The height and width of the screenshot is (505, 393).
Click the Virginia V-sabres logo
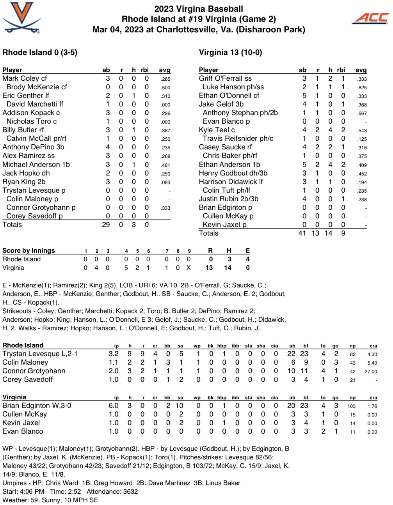pyautogui.click(x=22, y=18)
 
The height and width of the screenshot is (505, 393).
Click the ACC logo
pyautogui.click(x=371, y=18)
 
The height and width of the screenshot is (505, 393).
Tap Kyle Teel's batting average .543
pyautogui.click(x=362, y=131)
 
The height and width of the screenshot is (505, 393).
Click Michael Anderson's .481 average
pyautogui.click(x=165, y=165)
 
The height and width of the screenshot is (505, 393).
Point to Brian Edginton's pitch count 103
pyautogui.click(x=352, y=406)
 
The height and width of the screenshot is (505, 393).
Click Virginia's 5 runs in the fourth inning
pyautogui.click(x=126, y=268)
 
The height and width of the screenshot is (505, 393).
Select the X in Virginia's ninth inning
pyautogui.click(x=189, y=268)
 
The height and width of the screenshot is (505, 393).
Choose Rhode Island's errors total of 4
pyautogui.click(x=247, y=259)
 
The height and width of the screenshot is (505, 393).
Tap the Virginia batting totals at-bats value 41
pyautogui.click(x=302, y=233)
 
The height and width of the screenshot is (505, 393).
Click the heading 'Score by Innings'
pyautogui.click(x=28, y=250)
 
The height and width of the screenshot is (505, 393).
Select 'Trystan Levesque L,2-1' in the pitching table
pyautogui.click(x=40, y=354)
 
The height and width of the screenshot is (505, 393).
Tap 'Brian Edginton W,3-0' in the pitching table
pyautogui.click(x=37, y=406)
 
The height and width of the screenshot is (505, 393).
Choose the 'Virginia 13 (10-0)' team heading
pyautogui.click(x=230, y=52)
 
